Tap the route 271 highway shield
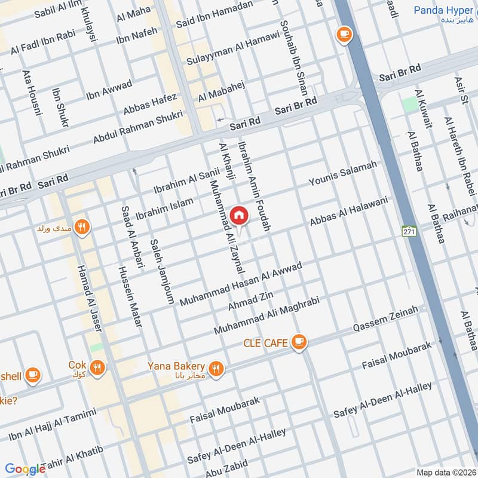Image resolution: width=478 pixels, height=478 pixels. [409, 231]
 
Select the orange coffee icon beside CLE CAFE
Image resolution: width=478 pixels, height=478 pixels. [299, 342]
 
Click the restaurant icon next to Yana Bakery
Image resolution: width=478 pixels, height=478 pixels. [216, 369]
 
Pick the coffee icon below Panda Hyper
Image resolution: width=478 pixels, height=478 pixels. [344, 34]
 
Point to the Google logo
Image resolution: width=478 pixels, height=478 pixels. [25, 469]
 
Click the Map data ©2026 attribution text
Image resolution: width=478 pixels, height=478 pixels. [446, 472]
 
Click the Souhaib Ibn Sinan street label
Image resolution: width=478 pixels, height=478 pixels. [293, 59]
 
